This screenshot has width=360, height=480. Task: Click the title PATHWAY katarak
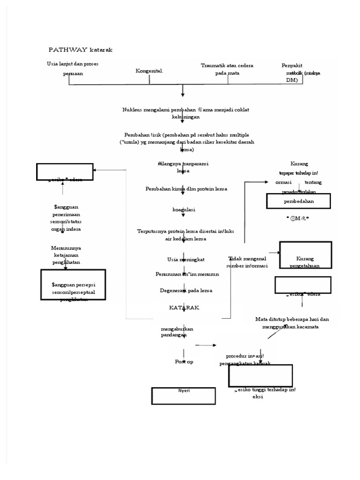(81, 50)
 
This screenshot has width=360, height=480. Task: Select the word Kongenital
(149, 71)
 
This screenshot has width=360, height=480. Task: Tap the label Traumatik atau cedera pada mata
(227, 69)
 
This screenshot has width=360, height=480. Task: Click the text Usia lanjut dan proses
(73, 64)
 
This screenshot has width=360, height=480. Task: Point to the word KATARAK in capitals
(184, 307)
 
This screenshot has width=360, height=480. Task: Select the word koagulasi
(184, 210)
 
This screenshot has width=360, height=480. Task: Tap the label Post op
(184, 361)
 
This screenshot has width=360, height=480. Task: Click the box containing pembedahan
(299, 201)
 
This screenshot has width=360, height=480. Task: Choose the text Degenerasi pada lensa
(186, 290)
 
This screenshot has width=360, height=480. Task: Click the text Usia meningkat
(186, 259)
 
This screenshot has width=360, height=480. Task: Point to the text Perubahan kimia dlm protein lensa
(186, 188)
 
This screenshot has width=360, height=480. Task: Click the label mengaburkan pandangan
(177, 332)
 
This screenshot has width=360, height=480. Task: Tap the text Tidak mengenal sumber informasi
(247, 262)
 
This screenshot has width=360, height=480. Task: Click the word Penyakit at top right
(292, 66)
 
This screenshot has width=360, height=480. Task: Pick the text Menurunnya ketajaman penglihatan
(66, 255)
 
